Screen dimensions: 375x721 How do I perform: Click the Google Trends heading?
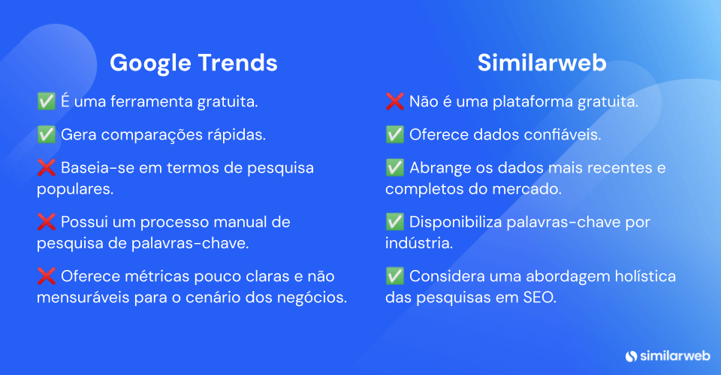tap(193, 63)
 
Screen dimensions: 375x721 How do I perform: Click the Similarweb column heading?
tap(542, 63)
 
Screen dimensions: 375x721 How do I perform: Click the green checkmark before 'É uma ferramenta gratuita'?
tap(46, 100)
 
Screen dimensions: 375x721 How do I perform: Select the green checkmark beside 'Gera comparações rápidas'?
tap(46, 134)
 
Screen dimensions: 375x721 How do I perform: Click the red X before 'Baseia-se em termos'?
tap(46, 168)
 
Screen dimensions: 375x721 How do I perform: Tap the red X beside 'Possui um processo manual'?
tap(46, 223)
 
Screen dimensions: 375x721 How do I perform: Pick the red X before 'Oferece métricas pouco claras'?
tap(46, 277)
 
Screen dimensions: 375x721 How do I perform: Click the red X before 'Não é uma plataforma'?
tap(394, 100)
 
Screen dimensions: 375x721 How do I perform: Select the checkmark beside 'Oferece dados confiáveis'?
tap(394, 134)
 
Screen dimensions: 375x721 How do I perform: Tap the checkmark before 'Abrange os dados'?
tap(394, 168)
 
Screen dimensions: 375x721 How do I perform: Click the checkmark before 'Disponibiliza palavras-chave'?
tap(394, 223)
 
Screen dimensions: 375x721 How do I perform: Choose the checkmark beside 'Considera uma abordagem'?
tap(394, 277)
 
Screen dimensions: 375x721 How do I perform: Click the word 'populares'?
tap(74, 189)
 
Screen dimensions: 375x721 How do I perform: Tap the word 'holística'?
tap(644, 277)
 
